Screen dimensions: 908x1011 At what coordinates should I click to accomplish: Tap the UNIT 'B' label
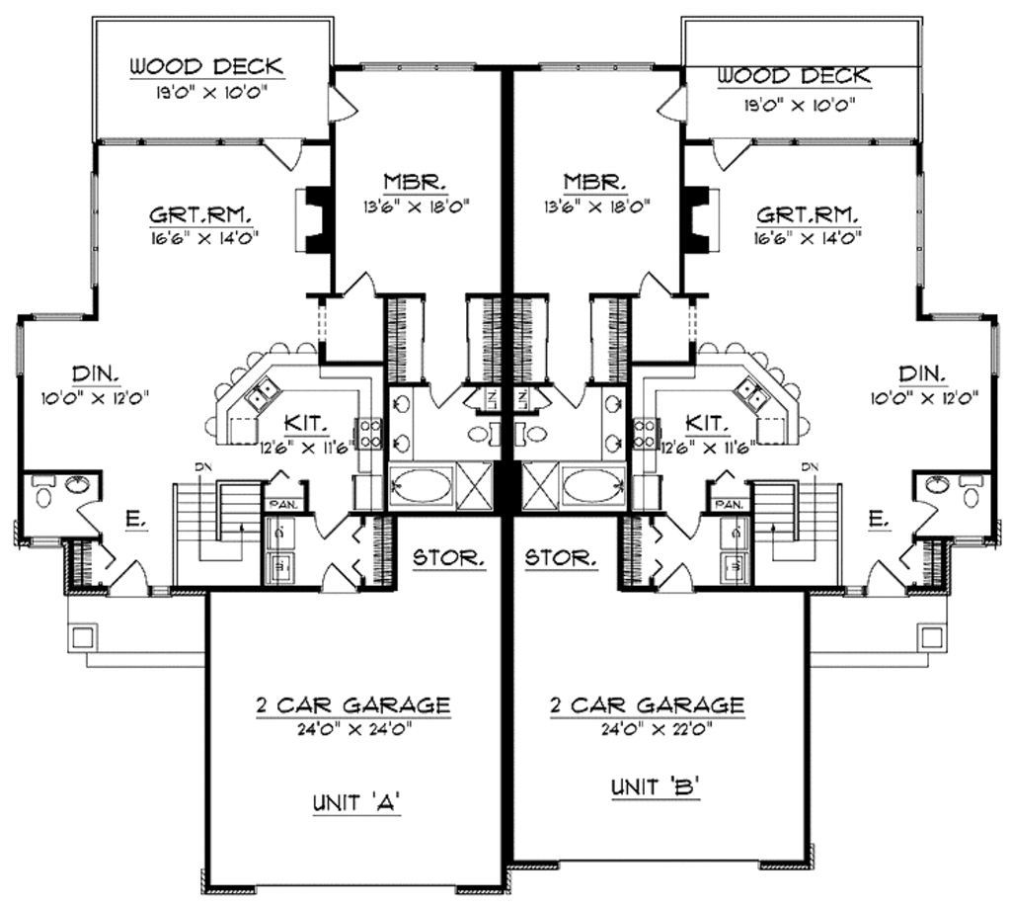[648, 789]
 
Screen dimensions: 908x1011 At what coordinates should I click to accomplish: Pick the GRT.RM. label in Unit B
[807, 213]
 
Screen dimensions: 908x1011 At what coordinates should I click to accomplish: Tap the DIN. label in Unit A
[98, 373]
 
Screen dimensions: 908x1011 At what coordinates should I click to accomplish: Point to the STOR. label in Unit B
[561, 558]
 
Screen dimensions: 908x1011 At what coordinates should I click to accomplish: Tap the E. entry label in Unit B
[875, 515]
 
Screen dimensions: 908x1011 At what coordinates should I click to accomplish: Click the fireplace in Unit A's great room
[314, 219]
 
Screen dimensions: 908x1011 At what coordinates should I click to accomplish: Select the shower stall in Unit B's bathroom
[539, 486]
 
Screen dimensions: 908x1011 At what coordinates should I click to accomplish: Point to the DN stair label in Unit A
[199, 467]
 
